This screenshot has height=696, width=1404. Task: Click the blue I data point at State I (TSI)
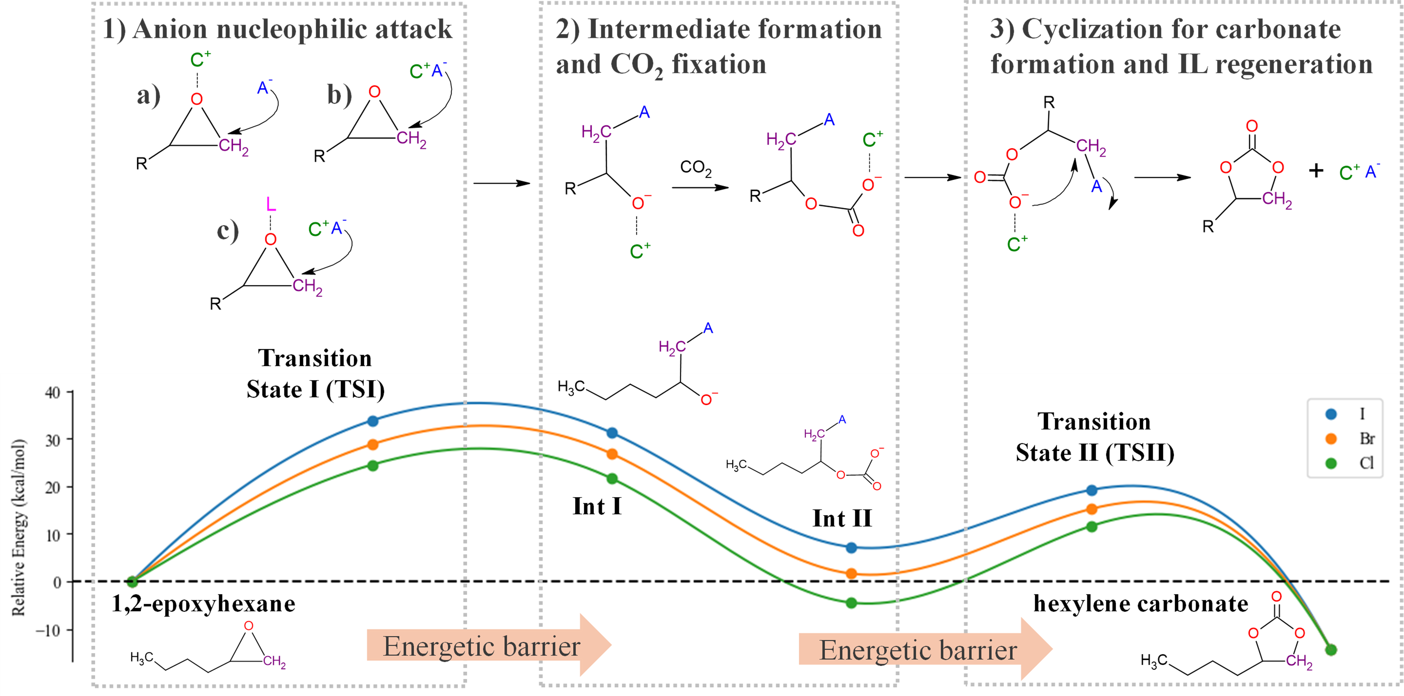point(373,421)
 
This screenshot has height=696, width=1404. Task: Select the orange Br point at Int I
point(612,454)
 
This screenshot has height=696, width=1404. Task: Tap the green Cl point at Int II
point(851,603)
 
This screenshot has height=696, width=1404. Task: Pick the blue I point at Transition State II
point(1092,490)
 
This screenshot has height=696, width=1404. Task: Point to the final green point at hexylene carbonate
point(1331,650)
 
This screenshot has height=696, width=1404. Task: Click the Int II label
point(842,518)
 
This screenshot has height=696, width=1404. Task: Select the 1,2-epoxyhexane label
point(203,604)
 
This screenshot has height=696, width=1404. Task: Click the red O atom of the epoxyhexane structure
point(249,626)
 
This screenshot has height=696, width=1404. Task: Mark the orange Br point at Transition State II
point(1092,509)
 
